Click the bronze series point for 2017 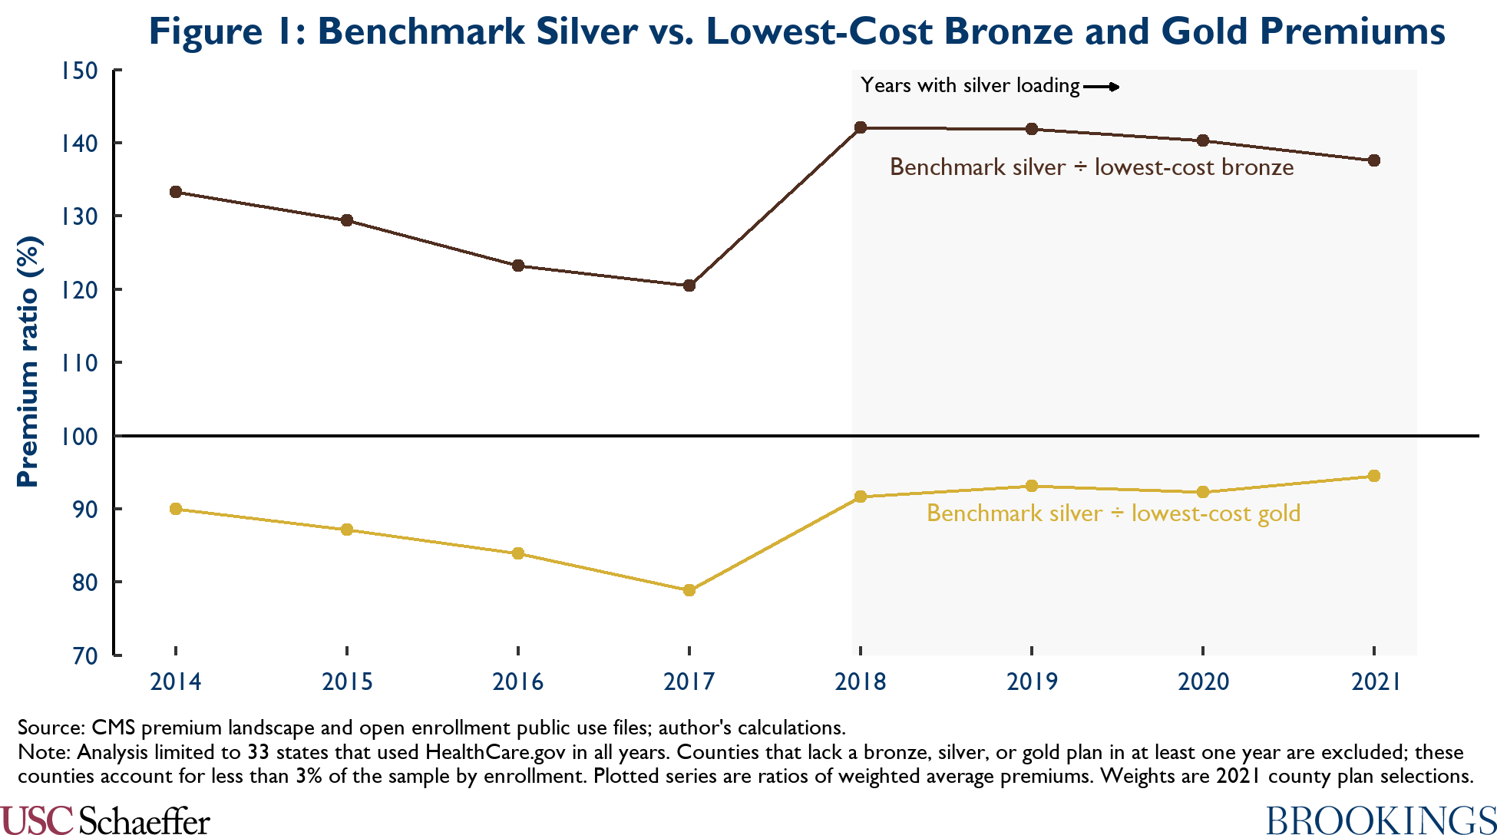tap(689, 285)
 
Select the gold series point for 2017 tap(689, 590)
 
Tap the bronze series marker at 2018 tap(861, 127)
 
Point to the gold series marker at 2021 tap(1374, 476)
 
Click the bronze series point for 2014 tap(176, 192)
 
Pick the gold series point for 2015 tap(347, 530)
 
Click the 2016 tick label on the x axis tap(518, 682)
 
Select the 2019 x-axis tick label tap(1032, 682)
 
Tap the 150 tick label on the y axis tap(80, 71)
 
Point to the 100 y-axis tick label tap(80, 436)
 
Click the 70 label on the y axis tap(85, 656)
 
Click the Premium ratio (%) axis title tap(28, 361)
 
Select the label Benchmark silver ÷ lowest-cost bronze tap(1092, 167)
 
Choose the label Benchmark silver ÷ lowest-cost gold tap(1113, 513)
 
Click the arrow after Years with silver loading tap(1102, 87)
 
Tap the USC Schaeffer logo tap(105, 820)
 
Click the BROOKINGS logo tap(1381, 820)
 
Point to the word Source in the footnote tap(51, 728)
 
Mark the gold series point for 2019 tap(1032, 486)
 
